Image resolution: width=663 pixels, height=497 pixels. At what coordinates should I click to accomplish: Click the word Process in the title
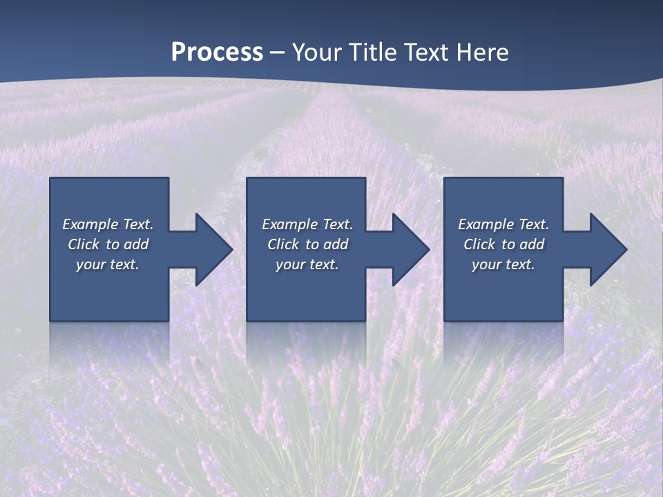coord(217,52)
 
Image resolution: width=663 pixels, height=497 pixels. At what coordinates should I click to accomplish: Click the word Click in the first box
coord(84,244)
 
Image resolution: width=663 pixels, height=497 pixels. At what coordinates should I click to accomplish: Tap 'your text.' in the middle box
coord(307,264)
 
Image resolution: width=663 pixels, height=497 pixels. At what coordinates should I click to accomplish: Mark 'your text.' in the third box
coord(503,264)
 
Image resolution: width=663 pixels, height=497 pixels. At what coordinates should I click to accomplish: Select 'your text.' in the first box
coord(108,264)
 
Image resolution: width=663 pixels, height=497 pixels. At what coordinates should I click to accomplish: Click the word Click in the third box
coord(479,244)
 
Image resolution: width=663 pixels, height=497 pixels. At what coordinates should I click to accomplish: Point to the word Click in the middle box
coord(283,244)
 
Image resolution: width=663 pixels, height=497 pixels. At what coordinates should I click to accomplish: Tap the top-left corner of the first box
coord(50,179)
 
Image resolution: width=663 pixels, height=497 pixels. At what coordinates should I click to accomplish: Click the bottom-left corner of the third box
coord(445,320)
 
